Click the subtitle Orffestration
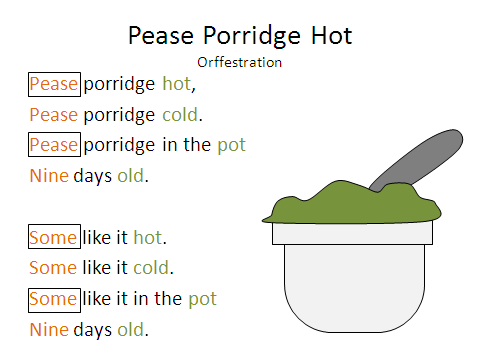click(240, 62)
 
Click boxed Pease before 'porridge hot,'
click(54, 84)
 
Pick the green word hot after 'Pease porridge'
click(177, 84)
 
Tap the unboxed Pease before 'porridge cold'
click(54, 114)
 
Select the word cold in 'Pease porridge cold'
click(182, 114)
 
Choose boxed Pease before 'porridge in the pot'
click(54, 145)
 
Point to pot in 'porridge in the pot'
click(231, 145)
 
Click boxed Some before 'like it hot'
click(53, 238)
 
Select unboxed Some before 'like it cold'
click(53, 268)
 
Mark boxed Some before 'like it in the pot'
click(53, 299)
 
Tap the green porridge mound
click(350, 205)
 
